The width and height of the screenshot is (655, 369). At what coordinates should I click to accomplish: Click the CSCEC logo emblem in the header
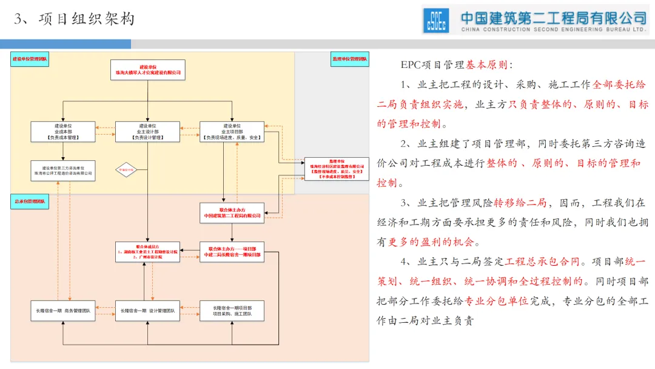coord(437,20)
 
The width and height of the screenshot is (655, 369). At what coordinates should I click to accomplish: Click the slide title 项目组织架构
coord(86,19)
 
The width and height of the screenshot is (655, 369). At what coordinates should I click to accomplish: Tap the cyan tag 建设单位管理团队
coord(30,59)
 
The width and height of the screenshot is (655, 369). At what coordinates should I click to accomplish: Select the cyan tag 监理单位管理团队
coord(350,59)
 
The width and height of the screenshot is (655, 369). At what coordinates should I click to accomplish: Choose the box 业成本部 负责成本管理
coord(63,132)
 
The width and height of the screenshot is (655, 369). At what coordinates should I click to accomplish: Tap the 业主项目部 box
coord(232,132)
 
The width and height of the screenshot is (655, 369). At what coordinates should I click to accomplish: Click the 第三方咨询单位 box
coord(63,171)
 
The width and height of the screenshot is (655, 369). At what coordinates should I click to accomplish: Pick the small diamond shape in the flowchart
coord(127,171)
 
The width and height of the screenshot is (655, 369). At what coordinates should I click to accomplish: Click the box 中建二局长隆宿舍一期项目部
coord(232,252)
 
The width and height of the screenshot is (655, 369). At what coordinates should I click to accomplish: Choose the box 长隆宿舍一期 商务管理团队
coord(63,311)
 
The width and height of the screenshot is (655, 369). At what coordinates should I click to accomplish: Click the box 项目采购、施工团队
coord(232,311)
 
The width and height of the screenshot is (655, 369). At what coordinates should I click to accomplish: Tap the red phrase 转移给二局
coord(520,202)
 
